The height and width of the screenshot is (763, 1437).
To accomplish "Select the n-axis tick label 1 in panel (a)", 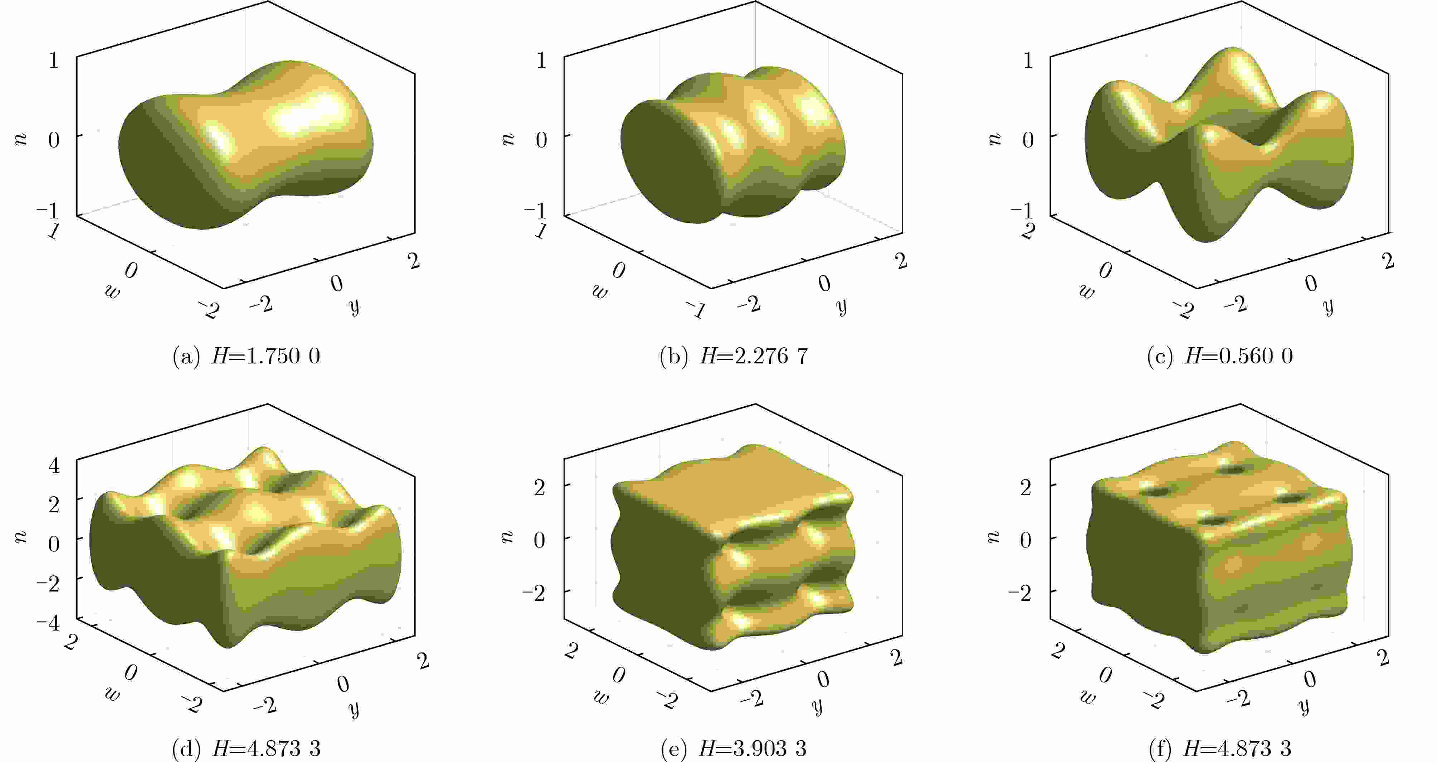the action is coord(54,60).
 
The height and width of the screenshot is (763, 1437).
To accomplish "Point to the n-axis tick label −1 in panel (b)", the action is coord(536,211).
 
